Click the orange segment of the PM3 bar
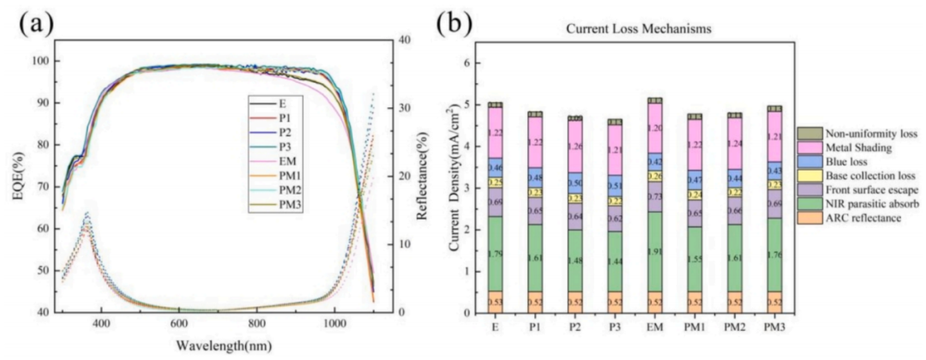pos(774,302)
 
